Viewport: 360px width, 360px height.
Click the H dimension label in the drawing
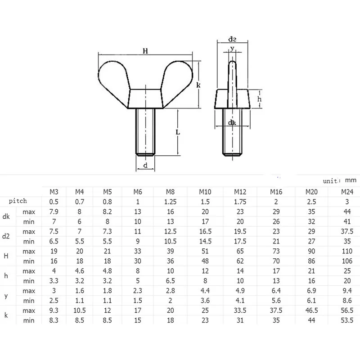pos(145,51)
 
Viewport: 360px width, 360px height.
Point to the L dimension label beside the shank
pos(178,132)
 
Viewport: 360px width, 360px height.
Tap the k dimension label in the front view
pos(198,84)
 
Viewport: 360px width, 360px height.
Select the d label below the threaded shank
pos(145,166)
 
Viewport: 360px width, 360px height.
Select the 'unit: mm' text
pos(339,180)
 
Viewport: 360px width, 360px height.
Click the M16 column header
pos(276,192)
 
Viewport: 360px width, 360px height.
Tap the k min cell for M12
pos(240,320)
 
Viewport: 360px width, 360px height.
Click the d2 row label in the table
pos(6,236)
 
